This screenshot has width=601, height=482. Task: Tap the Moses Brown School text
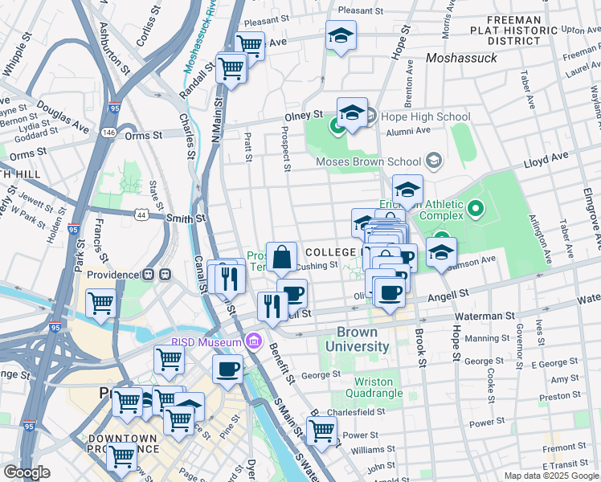click(x=370, y=161)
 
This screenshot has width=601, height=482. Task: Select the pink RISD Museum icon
click(x=255, y=343)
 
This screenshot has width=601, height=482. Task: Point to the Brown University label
click(x=363, y=339)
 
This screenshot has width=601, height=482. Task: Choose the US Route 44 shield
click(x=142, y=215)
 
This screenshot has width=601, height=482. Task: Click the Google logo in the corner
click(x=27, y=472)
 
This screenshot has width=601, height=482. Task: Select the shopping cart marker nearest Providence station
click(x=100, y=304)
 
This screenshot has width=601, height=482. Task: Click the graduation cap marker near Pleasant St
click(x=341, y=35)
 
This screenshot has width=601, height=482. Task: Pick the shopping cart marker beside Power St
click(x=322, y=429)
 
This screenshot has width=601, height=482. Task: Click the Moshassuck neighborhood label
click(x=461, y=58)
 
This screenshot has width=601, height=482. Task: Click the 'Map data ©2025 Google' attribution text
click(x=550, y=476)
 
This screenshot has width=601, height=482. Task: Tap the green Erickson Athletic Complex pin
click(x=475, y=211)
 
